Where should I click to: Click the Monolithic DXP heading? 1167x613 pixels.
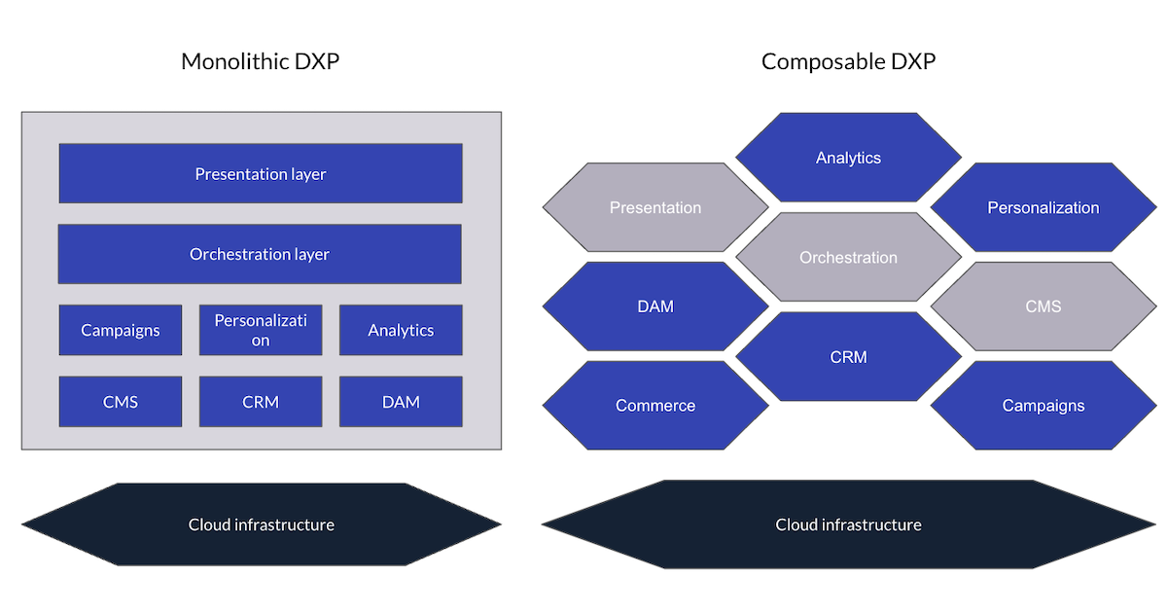(x=260, y=62)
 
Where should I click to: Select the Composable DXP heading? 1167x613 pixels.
(x=848, y=62)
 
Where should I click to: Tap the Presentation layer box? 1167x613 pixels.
(x=261, y=174)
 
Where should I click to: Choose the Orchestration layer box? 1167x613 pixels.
(x=260, y=254)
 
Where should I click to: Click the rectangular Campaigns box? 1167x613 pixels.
(x=121, y=330)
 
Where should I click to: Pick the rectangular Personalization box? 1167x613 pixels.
(x=261, y=330)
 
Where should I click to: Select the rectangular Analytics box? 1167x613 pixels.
(x=401, y=330)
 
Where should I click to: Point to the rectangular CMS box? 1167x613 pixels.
(x=121, y=401)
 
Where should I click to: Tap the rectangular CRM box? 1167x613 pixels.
(x=261, y=401)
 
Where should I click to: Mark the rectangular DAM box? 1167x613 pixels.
(x=401, y=401)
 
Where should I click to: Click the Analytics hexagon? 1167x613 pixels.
(x=848, y=158)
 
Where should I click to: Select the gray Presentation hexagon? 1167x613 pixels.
(x=655, y=207)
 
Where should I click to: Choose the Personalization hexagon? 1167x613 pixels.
(x=1043, y=207)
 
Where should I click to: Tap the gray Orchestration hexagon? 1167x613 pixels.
(x=848, y=258)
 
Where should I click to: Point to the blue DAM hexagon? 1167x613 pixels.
(x=655, y=306)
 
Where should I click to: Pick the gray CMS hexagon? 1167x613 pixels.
(x=1043, y=306)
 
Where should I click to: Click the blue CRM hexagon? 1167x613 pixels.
(x=848, y=357)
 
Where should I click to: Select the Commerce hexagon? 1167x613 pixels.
(x=655, y=406)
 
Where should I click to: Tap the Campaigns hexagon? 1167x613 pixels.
(x=1043, y=406)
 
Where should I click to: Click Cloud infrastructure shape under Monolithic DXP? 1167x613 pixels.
(x=261, y=524)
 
